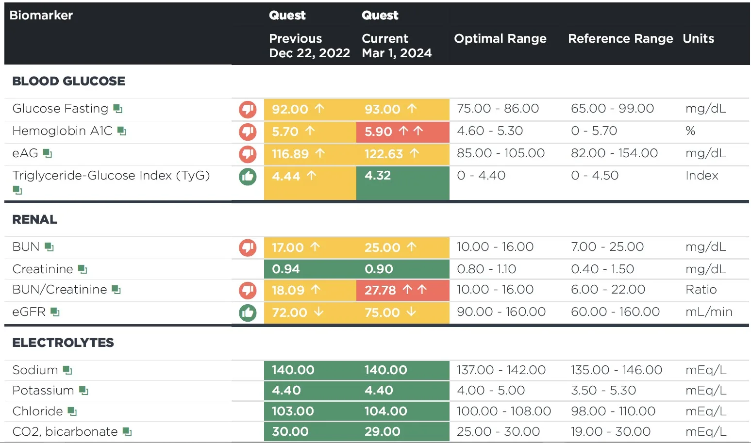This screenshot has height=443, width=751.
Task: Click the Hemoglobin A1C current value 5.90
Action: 378,131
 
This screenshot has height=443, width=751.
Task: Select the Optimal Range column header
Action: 500,38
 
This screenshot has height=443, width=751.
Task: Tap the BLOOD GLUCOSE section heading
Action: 69,81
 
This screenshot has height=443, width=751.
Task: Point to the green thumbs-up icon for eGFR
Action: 248,312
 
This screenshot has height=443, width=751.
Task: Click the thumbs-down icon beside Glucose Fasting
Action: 248,109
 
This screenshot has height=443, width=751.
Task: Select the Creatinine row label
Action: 43,269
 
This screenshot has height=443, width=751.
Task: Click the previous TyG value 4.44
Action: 286,176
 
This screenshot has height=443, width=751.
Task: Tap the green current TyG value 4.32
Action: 378,175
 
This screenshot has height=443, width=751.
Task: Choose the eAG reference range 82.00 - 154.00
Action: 614,153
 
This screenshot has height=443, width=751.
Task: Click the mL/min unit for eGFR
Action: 709,312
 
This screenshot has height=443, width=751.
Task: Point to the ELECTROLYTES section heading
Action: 63,343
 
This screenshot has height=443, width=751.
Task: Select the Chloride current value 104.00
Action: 386,411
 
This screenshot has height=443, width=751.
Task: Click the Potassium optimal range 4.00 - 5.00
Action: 491,391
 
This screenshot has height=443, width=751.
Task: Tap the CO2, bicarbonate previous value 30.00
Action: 290,431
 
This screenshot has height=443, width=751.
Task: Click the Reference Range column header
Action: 620,38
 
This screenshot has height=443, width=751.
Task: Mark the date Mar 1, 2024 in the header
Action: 397,53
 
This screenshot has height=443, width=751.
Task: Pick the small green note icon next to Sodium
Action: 67,370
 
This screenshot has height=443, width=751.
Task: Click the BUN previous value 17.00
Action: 288,247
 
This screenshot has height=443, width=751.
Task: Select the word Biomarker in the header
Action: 41,15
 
